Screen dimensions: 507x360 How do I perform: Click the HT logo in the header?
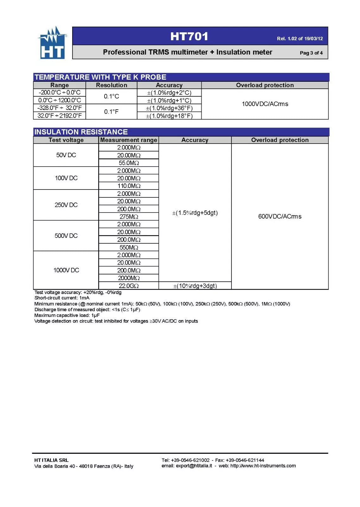[53, 43]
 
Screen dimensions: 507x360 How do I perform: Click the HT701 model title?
[189, 36]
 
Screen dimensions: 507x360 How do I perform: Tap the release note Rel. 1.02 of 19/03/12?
[300, 39]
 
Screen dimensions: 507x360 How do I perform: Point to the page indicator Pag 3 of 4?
[311, 53]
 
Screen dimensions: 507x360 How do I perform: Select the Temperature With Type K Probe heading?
[100, 77]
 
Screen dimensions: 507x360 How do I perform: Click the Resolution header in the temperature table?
[111, 85]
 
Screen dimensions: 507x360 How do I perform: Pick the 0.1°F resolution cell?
[111, 112]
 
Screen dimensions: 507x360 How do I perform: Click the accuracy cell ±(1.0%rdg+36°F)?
[169, 108]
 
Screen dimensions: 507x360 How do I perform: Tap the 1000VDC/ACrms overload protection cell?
[265, 104]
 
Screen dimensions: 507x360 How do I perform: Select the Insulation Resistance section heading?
[81, 132]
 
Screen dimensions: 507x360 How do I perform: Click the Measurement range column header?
[129, 140]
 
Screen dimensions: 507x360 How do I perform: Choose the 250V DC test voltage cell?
[66, 205]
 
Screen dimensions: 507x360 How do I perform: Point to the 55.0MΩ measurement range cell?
[129, 163]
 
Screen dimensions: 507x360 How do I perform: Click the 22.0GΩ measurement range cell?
[129, 286]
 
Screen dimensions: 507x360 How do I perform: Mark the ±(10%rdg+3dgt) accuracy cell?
[195, 286]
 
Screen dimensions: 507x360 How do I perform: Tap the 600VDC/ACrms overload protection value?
[280, 216]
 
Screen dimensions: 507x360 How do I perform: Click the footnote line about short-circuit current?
[62, 298]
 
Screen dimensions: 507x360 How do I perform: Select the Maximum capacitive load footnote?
[67, 315]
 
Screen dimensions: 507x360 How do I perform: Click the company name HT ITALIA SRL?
[51, 460]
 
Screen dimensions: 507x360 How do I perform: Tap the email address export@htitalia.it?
[194, 466]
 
